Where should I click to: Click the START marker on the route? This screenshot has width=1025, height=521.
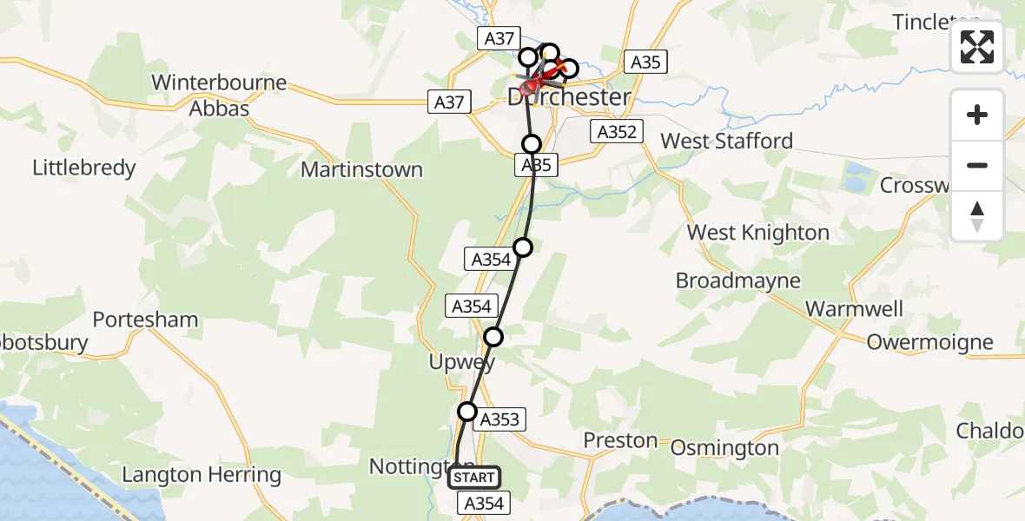(x=473, y=478)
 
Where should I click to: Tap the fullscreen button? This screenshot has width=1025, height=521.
(x=977, y=47)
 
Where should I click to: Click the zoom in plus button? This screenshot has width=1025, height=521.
(x=977, y=115)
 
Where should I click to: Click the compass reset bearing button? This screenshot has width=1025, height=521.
(x=977, y=216)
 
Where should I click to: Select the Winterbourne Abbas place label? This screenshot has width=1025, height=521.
(x=219, y=96)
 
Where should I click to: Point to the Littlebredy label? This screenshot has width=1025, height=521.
(x=84, y=168)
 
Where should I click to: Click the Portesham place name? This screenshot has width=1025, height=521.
(x=145, y=320)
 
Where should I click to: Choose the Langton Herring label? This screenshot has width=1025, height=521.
(x=202, y=475)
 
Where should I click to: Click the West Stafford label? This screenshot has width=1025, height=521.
(x=727, y=141)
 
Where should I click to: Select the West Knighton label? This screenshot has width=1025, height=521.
(x=757, y=233)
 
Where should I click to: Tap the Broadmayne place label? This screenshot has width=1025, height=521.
(x=737, y=281)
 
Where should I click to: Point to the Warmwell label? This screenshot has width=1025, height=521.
(x=854, y=309)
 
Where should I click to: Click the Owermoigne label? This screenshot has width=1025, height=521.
(x=929, y=342)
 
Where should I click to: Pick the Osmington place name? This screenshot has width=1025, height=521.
(x=725, y=448)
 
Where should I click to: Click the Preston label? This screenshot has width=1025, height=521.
(x=619, y=441)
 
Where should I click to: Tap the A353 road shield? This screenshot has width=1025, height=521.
(x=499, y=420)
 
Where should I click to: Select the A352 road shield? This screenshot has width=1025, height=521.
(x=616, y=132)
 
